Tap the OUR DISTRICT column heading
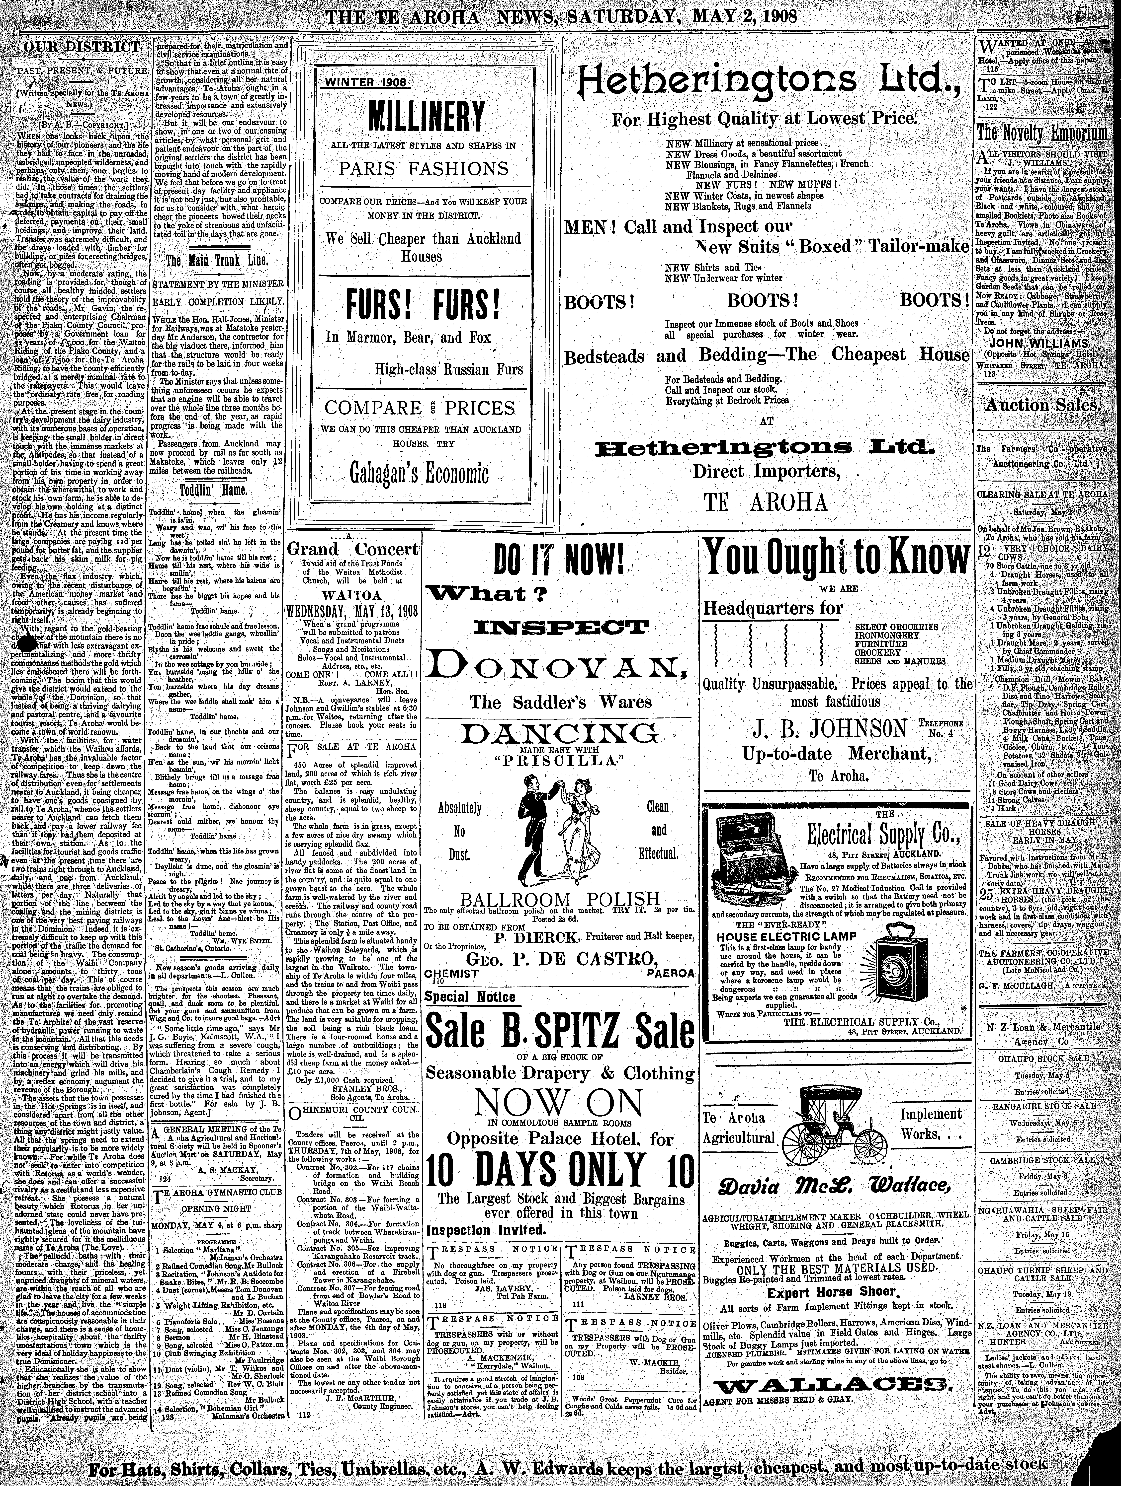click(x=82, y=47)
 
